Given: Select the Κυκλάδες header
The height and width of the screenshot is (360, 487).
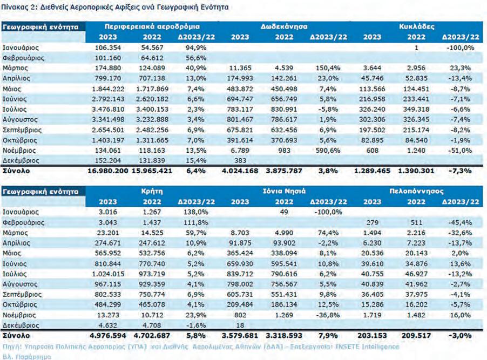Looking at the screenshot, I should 417,26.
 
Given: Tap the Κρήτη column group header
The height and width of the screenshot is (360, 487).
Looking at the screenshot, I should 152,191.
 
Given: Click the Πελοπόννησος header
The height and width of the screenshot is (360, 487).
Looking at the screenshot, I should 417,191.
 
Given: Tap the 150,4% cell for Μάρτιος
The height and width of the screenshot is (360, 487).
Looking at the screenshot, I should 328,68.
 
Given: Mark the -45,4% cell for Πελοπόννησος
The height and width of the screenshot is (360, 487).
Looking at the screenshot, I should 461,222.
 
